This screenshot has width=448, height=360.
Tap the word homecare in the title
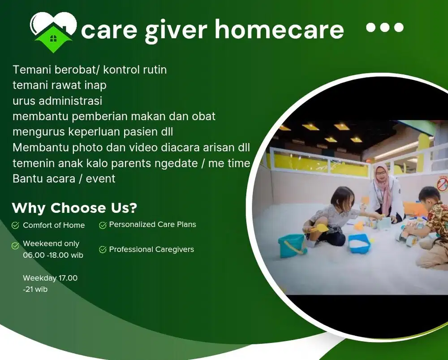coord(279,30)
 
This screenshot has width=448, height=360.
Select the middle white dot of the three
coord(384,27)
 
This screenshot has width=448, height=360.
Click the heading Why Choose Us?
coord(74,208)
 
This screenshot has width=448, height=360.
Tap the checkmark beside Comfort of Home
coord(16,226)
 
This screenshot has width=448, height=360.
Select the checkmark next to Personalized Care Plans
coord(103,225)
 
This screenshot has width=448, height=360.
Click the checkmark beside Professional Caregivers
coord(103,250)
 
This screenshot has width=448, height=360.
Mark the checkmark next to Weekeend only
coord(16,245)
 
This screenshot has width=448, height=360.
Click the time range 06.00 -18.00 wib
coord(53,255)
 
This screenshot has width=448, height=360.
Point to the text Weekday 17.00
coord(50,278)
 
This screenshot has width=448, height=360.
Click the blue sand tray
coord(359,243)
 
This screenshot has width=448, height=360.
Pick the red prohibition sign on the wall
coord(442,183)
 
